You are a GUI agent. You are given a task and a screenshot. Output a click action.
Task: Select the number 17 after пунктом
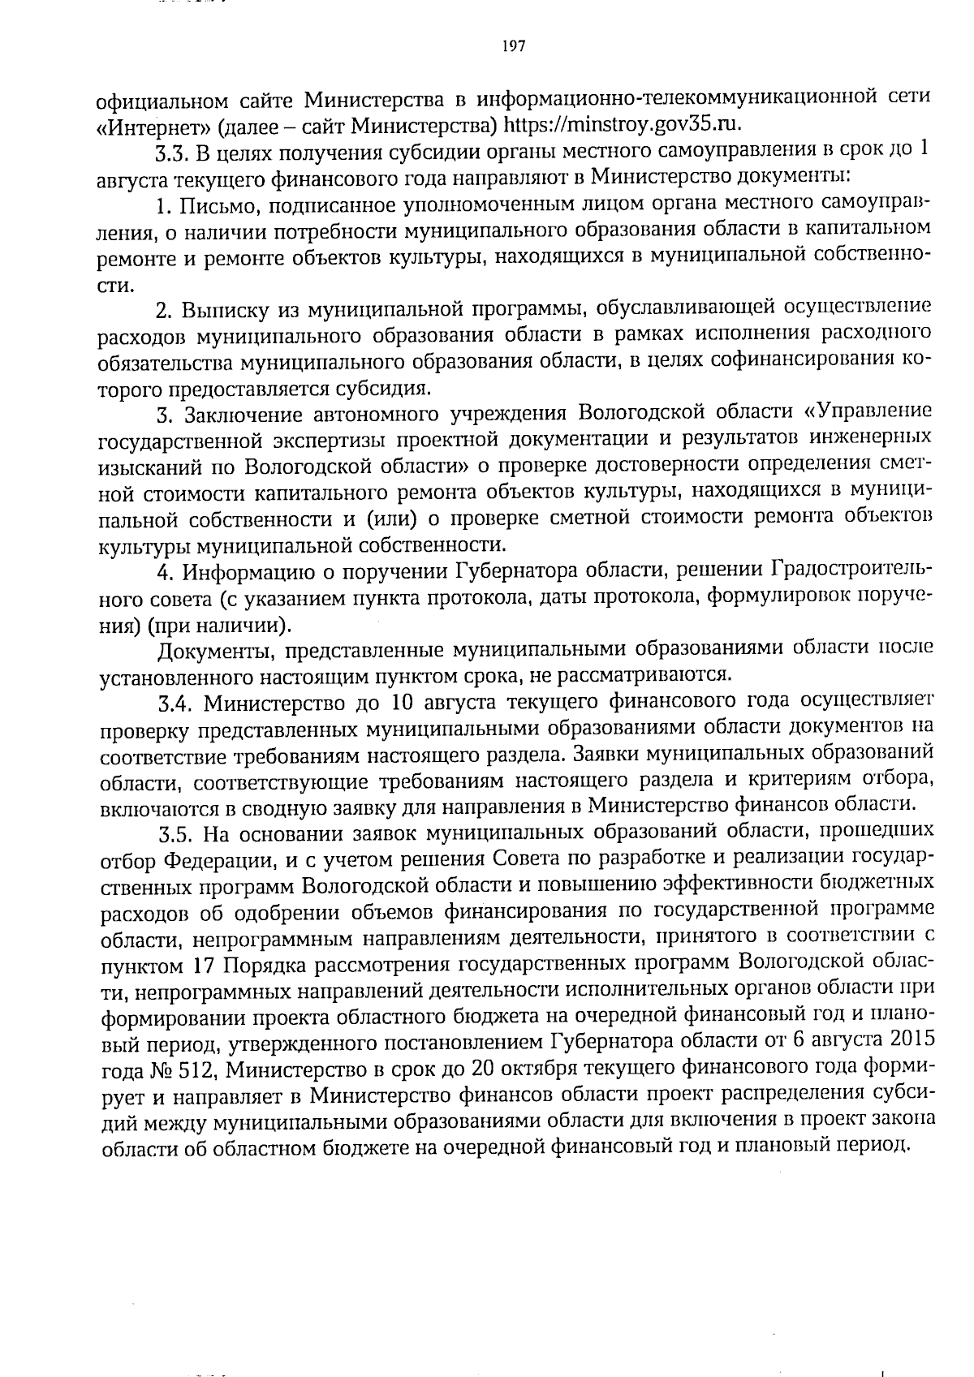(x=204, y=966)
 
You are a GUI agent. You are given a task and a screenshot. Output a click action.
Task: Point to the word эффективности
(x=726, y=885)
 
